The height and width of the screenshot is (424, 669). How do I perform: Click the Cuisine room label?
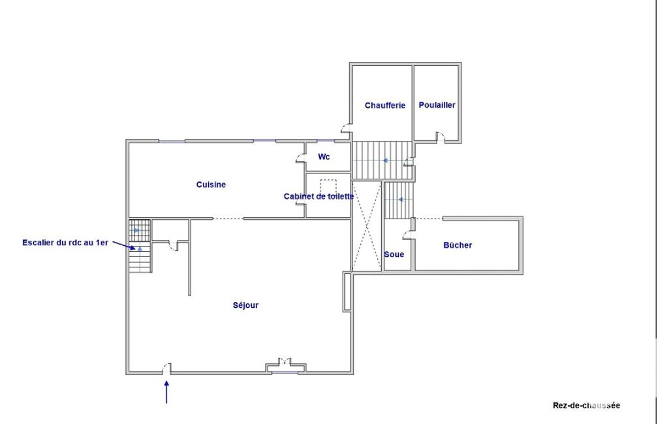211,185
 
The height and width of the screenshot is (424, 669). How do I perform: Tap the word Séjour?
246,305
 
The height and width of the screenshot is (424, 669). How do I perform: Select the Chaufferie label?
385,106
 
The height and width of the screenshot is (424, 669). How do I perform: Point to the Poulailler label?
437,105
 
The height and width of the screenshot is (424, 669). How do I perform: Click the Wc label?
324,157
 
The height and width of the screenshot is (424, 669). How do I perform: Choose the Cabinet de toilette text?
319,196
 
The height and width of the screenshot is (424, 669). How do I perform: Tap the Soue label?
394,254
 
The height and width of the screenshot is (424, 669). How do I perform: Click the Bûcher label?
458,245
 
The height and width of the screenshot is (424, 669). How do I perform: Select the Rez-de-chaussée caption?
586,406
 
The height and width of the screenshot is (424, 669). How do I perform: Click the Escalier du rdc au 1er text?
65,243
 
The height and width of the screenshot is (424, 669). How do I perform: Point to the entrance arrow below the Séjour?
166,392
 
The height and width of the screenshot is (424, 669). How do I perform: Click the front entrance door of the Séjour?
166,369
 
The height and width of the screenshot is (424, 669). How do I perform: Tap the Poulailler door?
441,138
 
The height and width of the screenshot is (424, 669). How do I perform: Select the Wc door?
301,157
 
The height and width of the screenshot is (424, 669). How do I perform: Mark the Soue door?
409,235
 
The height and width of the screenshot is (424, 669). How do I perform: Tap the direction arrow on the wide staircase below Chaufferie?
385,161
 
